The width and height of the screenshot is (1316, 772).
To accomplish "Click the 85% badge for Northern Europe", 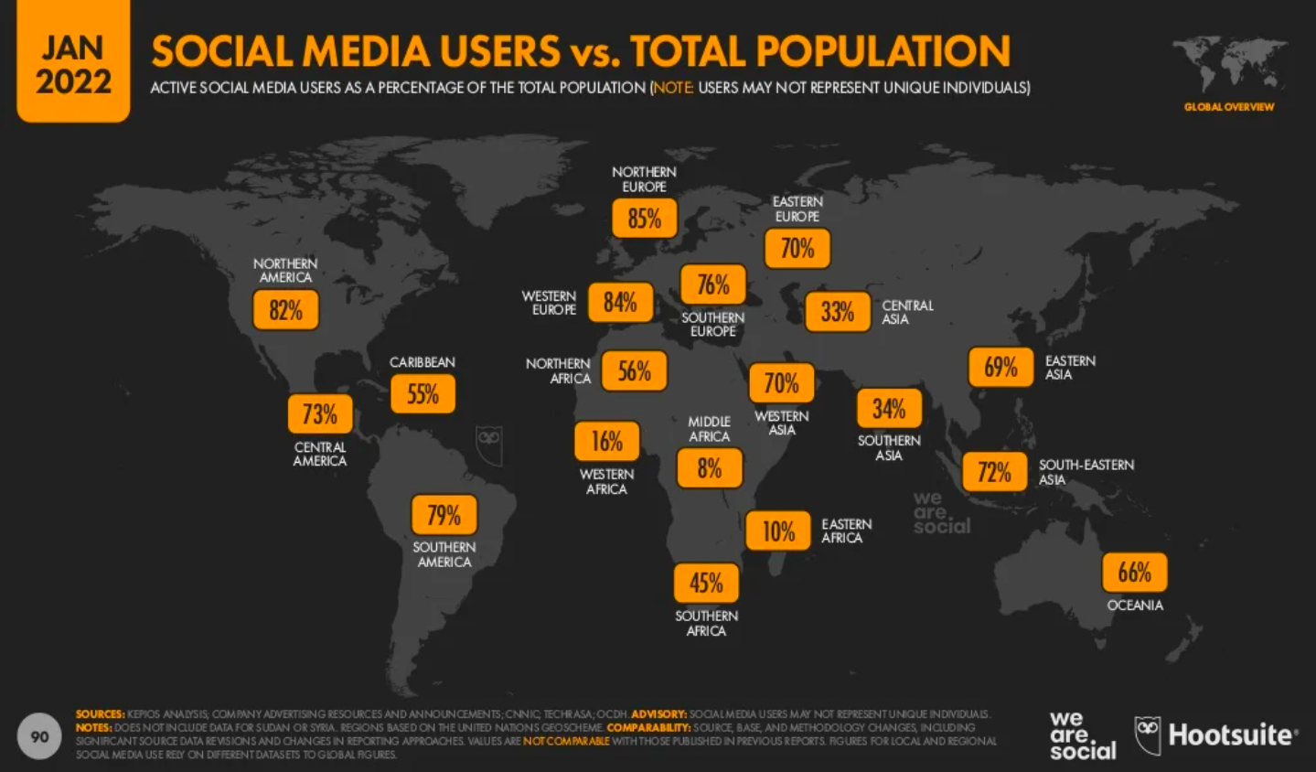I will tap(644, 219).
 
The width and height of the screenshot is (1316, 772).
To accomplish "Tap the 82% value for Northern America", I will tap(285, 310).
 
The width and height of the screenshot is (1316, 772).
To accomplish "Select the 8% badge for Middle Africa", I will tap(709, 468).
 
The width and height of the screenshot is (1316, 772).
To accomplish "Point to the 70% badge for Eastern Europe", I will tap(797, 248).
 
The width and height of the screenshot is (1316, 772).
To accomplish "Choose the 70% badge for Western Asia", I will tap(781, 382).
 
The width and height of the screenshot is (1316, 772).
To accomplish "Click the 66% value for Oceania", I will tap(1134, 573).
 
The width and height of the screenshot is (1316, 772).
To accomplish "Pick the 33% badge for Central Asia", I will tap(837, 312).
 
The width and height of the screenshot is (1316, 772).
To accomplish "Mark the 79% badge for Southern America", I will tap(444, 515).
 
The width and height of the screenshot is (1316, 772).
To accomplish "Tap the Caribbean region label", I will tap(422, 362).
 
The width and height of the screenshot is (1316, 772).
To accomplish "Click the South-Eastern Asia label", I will tap(1086, 472).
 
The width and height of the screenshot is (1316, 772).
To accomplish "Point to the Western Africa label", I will tap(606, 481).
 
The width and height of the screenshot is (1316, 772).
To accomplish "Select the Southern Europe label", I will tap(712, 324).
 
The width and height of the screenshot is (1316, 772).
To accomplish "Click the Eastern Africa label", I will tap(846, 531).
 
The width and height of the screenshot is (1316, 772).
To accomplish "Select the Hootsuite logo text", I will tap(1231, 734).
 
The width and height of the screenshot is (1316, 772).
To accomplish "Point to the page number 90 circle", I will tap(39, 736).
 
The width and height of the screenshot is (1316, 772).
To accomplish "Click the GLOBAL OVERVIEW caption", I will tap(1228, 107).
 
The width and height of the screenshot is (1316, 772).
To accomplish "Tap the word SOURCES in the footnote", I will tap(100, 714).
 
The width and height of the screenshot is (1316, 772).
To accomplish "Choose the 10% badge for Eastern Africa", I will tap(778, 531).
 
